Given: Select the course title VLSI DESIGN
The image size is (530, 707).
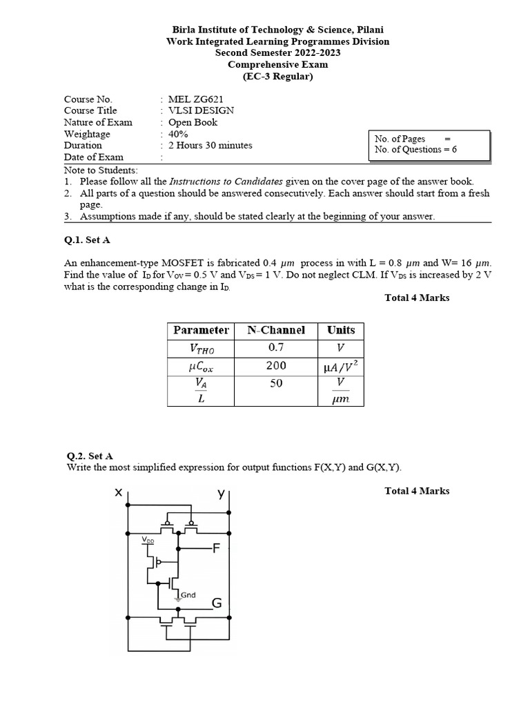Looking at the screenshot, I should pyautogui.click(x=202, y=110).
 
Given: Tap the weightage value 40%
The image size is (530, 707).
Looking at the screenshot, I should pyautogui.click(x=179, y=134).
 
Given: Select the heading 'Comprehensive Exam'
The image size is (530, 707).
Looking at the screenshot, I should pyautogui.click(x=278, y=64).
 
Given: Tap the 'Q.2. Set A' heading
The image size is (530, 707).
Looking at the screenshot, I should pyautogui.click(x=90, y=456).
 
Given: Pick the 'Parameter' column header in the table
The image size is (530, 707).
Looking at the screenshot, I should pyautogui.click(x=201, y=330).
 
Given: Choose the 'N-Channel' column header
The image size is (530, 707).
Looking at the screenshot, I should pyautogui.click(x=276, y=330).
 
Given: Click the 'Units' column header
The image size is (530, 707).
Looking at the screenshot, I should pyautogui.click(x=341, y=330).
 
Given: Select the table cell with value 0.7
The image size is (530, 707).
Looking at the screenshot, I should pyautogui.click(x=276, y=348).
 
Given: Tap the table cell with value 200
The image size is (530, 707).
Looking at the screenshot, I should pyautogui.click(x=276, y=366).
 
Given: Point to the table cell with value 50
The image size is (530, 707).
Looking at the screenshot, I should pyautogui.click(x=276, y=383).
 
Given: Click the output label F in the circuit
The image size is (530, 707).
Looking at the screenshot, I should pyautogui.click(x=217, y=550).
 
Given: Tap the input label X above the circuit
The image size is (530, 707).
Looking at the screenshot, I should pyautogui.click(x=119, y=493).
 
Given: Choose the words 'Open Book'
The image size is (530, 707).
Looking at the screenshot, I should pyautogui.click(x=193, y=122).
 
